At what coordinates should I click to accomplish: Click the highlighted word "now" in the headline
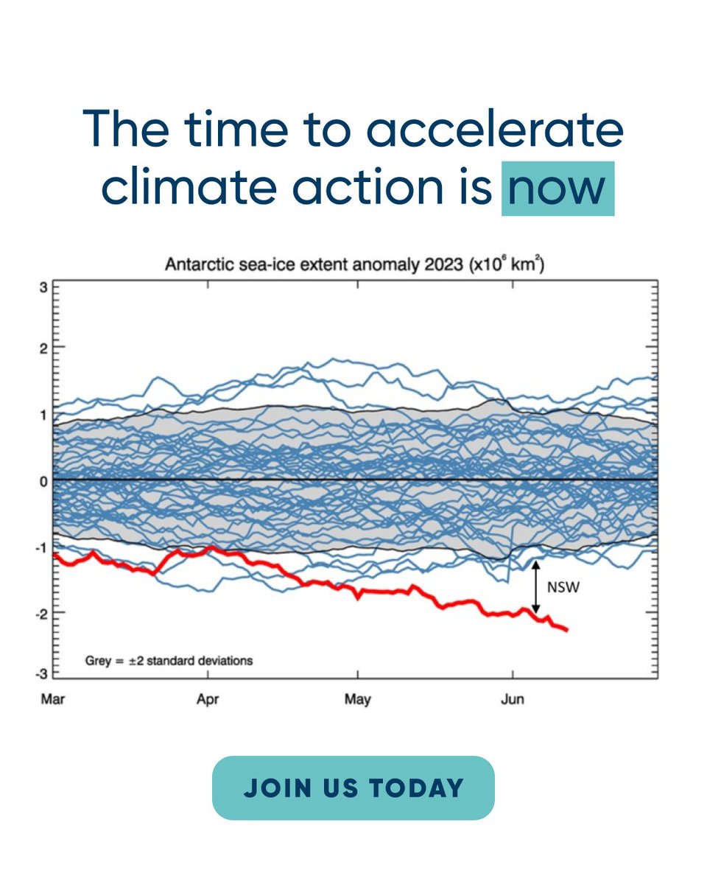tap(557, 189)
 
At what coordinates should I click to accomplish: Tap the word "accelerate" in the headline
tap(495, 129)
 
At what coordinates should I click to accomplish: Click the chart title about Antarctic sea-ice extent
tap(354, 265)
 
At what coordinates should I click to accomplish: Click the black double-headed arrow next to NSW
tap(536, 588)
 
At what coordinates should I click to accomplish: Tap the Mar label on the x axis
tap(53, 698)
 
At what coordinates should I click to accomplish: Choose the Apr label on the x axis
tap(208, 698)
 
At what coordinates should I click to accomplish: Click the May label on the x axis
tap(358, 698)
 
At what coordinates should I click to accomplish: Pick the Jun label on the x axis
tap(512, 698)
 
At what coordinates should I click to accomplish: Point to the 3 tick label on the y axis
tap(43, 287)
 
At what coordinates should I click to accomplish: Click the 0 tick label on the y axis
tap(43, 480)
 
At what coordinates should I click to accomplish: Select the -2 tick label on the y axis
tap(41, 613)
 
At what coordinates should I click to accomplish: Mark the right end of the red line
tap(566, 629)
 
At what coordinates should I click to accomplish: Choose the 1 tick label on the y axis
tap(43, 414)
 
